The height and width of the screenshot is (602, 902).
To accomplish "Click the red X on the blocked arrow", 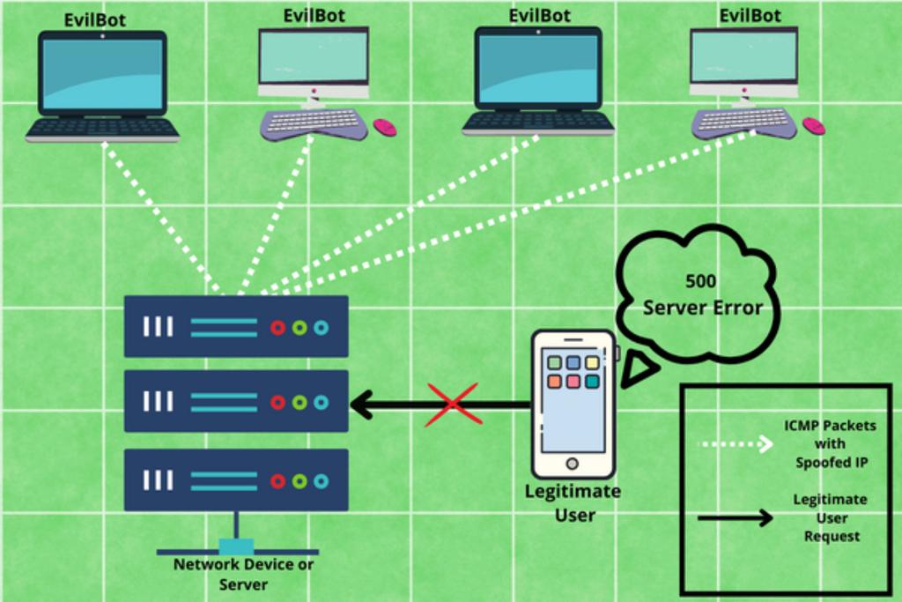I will tap(452, 405).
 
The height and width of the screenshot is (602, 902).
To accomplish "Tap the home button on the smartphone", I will tap(572, 464).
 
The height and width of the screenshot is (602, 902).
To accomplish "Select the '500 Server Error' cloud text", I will tap(701, 295).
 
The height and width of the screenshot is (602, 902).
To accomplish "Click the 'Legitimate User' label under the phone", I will tap(573, 502).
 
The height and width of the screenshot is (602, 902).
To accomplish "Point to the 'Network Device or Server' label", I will tap(243, 574).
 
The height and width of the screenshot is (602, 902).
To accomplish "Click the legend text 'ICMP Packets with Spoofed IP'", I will tap(830, 443).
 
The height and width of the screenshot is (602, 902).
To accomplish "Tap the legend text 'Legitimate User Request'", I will tap(830, 517).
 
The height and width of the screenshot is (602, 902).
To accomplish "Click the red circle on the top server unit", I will tap(277, 328).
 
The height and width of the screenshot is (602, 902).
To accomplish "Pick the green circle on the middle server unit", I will tap(299, 402).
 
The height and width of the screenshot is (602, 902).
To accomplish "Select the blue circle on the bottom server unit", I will tap(321, 480).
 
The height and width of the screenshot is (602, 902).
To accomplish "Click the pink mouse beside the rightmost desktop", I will tap(813, 126).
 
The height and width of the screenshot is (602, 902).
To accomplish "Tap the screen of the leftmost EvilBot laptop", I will tap(102, 74).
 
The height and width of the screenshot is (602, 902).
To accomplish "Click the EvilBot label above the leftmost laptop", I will tap(95, 19).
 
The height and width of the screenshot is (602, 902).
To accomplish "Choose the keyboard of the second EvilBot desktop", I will tap(314, 123).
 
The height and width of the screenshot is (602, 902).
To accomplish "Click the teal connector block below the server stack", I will tap(236, 546).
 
